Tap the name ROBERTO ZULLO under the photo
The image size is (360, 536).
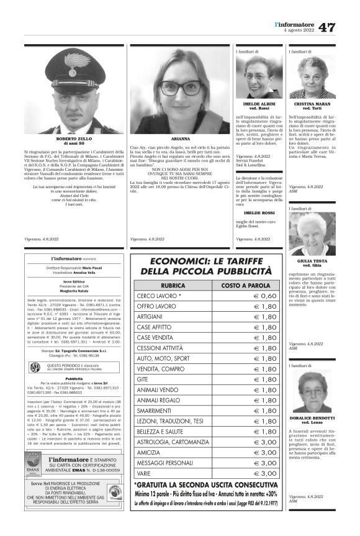[x=76, y=139]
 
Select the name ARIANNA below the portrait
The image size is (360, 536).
[x=179, y=138]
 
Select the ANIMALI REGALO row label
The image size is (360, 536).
[x=160, y=401]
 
